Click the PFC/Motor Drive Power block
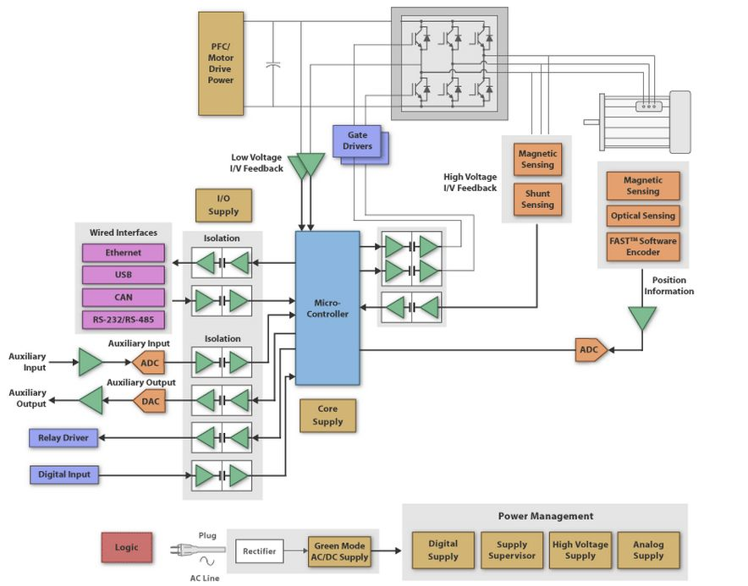point(220,63)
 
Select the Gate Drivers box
point(357,141)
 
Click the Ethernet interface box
point(124,253)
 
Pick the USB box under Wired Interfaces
point(124,275)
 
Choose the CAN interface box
point(124,298)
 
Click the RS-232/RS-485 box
point(124,320)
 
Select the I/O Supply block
point(223,205)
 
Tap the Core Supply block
point(327,415)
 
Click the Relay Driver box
point(63,438)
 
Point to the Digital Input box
point(64,474)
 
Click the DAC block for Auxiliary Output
point(148,400)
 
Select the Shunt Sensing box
point(537,200)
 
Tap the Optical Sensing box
point(643,216)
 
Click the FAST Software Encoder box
point(643,246)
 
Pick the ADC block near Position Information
point(590,350)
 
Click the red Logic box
point(126,547)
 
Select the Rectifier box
point(259,551)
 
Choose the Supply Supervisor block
point(511,550)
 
